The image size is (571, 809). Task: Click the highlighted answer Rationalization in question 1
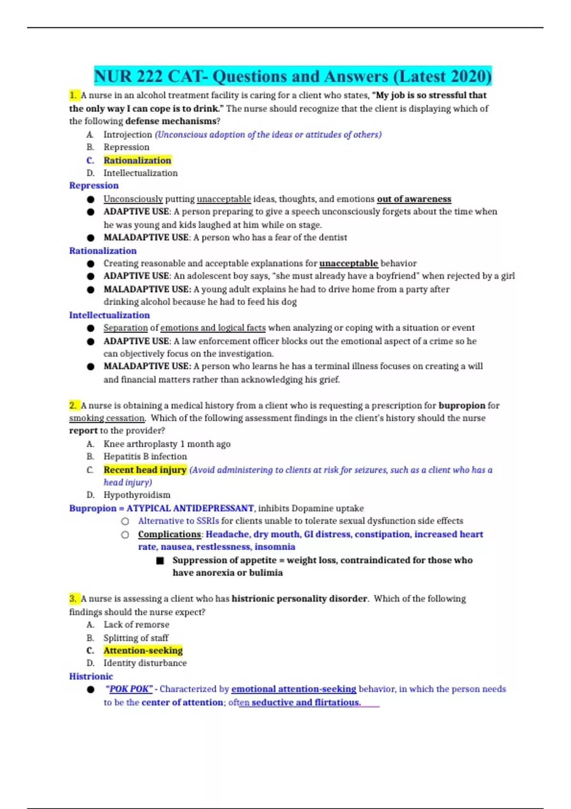[x=137, y=160]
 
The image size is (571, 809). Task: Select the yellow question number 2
[x=73, y=405]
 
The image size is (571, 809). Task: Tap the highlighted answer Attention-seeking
[x=143, y=651]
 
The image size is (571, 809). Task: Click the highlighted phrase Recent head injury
[x=145, y=470]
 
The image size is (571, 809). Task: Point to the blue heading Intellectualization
[x=109, y=315]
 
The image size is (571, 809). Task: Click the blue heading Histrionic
[x=91, y=676]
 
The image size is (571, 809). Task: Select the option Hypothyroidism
[x=137, y=495]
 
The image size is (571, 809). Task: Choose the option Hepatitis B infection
[x=145, y=456]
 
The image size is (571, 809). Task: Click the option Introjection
[x=128, y=135]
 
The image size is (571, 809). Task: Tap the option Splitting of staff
[x=136, y=638]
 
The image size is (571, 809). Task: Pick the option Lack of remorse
[x=136, y=624]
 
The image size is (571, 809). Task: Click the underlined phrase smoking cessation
[x=107, y=418]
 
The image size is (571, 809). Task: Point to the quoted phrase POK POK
[x=129, y=689]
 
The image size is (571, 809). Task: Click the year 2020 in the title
[x=468, y=76]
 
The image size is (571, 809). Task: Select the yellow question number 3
[x=73, y=599]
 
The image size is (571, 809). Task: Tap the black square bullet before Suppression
[x=160, y=561]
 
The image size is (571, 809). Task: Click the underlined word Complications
[x=169, y=534]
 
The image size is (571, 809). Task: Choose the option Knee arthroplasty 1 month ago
[x=167, y=444]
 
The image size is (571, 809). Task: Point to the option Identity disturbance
[x=145, y=663]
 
